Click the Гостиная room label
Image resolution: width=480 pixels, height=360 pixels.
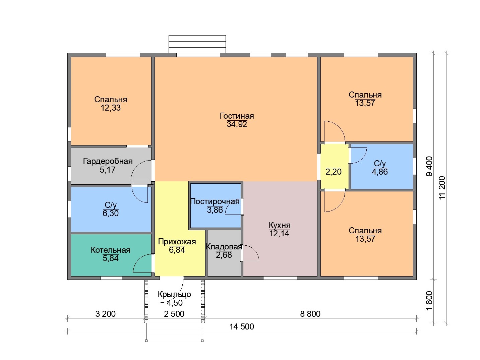point(237,116)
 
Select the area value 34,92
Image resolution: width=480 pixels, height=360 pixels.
point(237,124)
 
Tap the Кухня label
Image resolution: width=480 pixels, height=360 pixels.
point(280,225)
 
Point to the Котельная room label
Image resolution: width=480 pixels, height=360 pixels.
point(110,250)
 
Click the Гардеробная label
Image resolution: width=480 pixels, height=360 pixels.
point(108,161)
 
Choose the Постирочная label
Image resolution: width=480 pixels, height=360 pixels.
point(215,201)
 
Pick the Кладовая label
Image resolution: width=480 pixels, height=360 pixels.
point(224,247)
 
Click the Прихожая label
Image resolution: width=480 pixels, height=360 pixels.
point(177,242)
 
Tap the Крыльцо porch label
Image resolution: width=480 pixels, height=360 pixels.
point(174,294)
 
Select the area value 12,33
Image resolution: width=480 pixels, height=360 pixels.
point(111,108)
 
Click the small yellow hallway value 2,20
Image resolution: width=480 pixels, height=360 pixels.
point(334,172)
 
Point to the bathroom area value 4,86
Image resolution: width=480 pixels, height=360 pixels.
point(380,172)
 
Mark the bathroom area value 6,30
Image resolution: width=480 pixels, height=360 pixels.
point(111,213)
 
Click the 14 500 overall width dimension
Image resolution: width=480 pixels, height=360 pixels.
point(242,327)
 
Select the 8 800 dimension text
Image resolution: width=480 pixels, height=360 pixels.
point(310,314)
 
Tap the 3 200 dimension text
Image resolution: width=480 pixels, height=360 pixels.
point(105,314)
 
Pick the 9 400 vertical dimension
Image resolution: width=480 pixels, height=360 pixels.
point(429,166)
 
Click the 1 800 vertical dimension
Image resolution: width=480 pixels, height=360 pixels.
point(429,301)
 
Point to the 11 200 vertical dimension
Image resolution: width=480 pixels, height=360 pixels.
point(442,187)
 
